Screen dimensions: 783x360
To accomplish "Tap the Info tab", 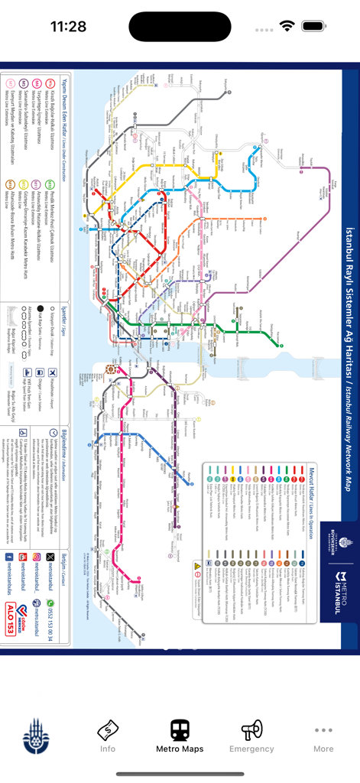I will pyautogui.click(x=108, y=736).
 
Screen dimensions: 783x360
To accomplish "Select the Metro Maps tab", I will pyautogui.click(x=180, y=736).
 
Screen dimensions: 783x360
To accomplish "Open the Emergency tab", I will pyautogui.click(x=251, y=736).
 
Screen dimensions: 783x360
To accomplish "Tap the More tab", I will pyautogui.click(x=323, y=736).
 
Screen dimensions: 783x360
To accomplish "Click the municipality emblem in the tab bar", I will pyautogui.click(x=36, y=736).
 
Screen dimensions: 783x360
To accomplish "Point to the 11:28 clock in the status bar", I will pyautogui.click(x=69, y=27).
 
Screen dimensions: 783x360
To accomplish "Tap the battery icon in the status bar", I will pyautogui.click(x=314, y=26).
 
